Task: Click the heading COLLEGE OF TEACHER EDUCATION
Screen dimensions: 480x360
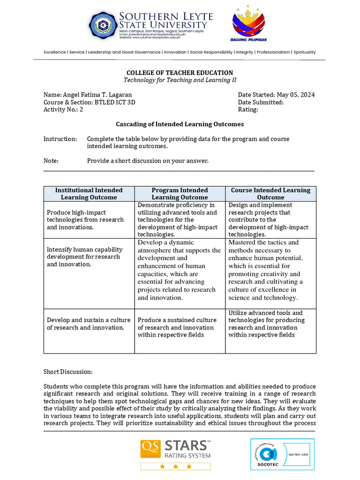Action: (180, 73)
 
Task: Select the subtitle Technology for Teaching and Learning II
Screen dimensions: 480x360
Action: (180, 80)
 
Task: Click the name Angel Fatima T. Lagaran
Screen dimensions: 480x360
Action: (97, 95)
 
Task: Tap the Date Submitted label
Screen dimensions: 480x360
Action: (260, 102)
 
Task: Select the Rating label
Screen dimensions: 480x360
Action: (248, 110)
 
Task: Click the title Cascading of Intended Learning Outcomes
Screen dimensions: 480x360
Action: (180, 124)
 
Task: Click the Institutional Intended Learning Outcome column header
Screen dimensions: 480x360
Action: (89, 194)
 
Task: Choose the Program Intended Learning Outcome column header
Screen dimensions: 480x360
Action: (180, 194)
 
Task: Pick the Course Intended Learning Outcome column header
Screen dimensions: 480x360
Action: (270, 194)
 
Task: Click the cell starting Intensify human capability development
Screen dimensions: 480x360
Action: (85, 257)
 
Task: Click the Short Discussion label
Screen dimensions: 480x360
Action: (68, 372)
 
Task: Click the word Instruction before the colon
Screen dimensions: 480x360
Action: (59, 139)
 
